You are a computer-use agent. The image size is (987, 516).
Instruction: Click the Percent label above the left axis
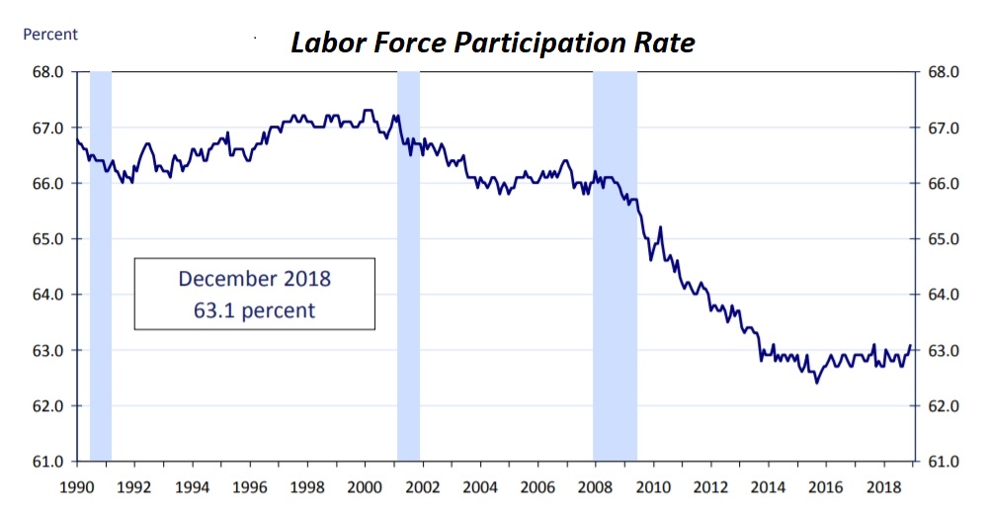50,35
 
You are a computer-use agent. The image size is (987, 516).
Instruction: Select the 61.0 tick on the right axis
942,462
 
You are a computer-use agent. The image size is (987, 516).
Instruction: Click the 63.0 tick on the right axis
942,350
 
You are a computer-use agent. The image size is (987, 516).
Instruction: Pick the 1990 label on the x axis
77,486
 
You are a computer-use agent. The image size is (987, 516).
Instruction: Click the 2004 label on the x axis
480,486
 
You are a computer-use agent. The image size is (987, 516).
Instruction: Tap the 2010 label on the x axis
653,486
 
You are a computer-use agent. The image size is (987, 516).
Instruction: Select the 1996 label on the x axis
250,486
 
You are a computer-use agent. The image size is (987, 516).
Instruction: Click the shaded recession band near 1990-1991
101,267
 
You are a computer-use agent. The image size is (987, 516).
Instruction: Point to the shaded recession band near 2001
408,267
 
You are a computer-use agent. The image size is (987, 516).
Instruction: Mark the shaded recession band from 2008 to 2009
615,267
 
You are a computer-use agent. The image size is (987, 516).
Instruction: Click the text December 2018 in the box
255,279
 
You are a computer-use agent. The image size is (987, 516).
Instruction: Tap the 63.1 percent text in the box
255,310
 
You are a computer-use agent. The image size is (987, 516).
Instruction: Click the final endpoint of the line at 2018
910,345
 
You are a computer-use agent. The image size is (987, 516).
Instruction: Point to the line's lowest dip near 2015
816,383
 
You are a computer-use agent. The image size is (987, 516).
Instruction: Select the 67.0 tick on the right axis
942,129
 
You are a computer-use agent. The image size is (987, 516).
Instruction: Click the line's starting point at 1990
77,139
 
